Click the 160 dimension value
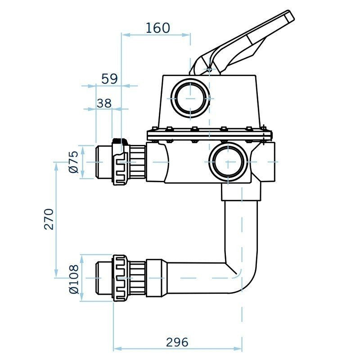click(x=158, y=28)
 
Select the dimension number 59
click(x=109, y=79)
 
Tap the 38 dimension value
click(x=104, y=103)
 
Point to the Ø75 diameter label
click(x=74, y=162)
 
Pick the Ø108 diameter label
click(x=74, y=279)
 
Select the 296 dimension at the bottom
click(x=177, y=342)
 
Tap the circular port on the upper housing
click(x=191, y=98)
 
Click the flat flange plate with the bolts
click(x=210, y=135)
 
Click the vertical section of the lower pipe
click(x=241, y=229)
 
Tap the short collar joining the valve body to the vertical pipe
click(x=241, y=193)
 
